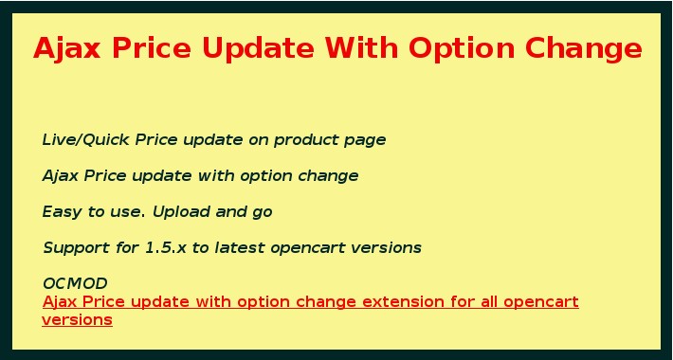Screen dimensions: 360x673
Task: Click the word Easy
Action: [x=62, y=212]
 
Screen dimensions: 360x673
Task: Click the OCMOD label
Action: [x=75, y=283]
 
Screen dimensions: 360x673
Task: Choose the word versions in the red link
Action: [x=77, y=320]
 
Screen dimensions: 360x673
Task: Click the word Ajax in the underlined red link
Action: [x=61, y=302]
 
